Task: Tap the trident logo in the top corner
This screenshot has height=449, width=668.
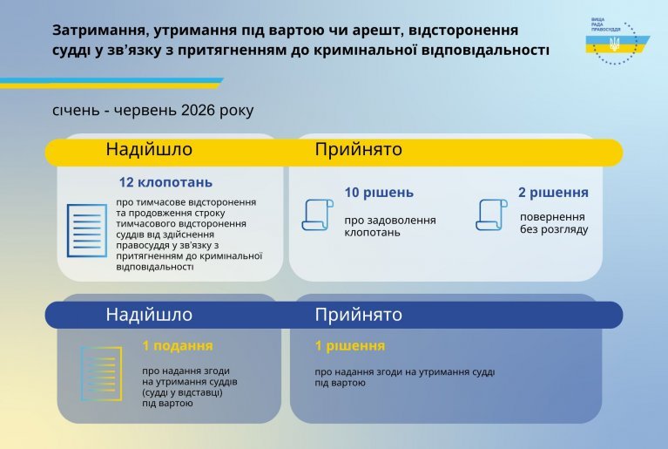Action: tap(614, 43)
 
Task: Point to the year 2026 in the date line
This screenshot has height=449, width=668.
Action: tap(198, 110)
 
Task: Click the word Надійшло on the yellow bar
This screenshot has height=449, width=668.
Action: tap(149, 149)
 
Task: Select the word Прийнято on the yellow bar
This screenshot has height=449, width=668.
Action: tap(358, 149)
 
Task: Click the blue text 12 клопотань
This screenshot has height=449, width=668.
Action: tap(165, 182)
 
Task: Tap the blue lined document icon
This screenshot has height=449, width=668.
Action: tap(86, 230)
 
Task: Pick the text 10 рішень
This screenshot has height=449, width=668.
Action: tap(379, 193)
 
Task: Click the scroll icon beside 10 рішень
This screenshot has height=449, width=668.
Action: tap(317, 214)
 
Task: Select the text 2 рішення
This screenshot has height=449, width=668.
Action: tap(553, 193)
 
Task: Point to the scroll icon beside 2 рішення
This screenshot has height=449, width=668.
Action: tap(491, 214)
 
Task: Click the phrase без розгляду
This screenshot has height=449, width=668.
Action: tap(554, 229)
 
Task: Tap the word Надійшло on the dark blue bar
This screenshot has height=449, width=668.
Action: tap(149, 314)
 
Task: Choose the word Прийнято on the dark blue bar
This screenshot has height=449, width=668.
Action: tap(358, 314)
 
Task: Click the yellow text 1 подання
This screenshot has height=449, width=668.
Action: tap(177, 345)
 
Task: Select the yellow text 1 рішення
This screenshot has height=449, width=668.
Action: tap(350, 345)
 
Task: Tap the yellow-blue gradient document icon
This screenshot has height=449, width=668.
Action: tap(101, 373)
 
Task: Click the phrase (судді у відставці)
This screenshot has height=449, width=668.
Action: tap(182, 392)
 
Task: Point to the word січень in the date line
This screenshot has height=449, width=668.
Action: tap(76, 110)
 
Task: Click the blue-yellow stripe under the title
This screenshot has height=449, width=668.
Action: tap(111, 83)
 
